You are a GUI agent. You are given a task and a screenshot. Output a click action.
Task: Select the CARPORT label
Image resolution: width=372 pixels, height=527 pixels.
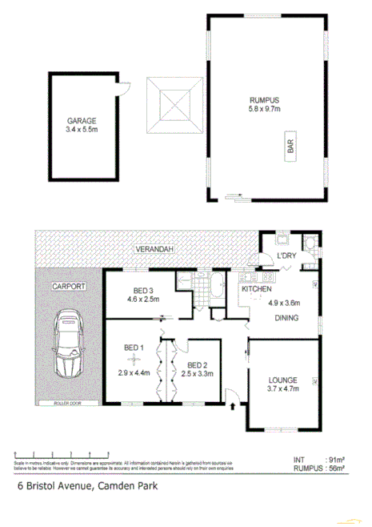coord(69,285)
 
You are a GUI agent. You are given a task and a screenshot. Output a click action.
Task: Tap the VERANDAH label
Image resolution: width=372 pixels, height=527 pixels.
coord(154,249)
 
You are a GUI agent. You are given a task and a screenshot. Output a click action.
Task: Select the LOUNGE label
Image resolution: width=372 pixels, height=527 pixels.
coord(284,380)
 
